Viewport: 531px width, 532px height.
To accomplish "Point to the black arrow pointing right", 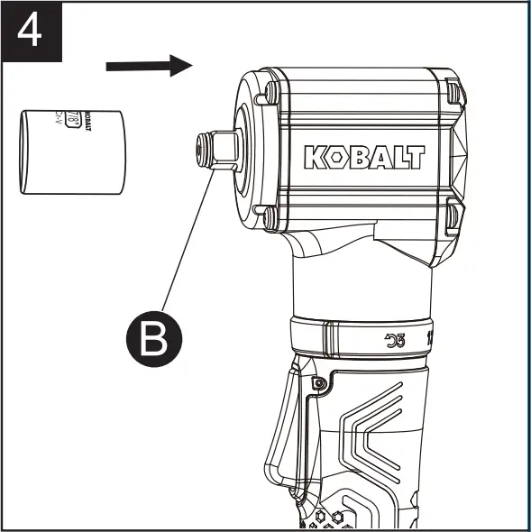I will tap(150, 65).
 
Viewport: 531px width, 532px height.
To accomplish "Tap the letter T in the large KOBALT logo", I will tap(413, 157).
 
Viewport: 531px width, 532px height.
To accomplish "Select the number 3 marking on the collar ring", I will tap(399, 340).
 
